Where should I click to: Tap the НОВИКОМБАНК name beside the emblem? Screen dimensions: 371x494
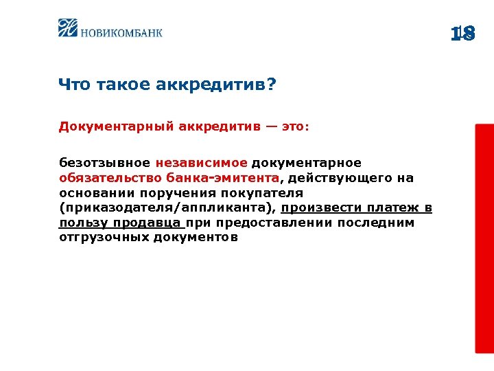[x=122, y=31]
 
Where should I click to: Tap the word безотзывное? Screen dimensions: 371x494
[x=104, y=163]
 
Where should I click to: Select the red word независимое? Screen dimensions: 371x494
[x=201, y=163]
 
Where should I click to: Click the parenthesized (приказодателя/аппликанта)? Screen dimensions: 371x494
[x=167, y=208]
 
